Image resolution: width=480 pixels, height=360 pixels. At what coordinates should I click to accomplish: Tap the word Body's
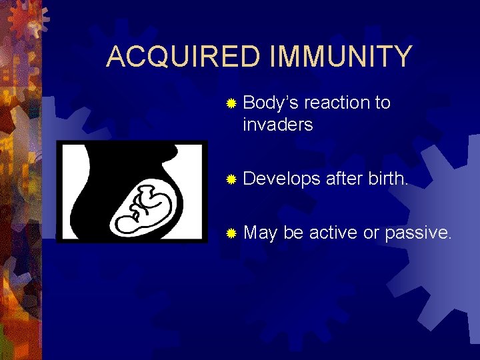point(271,103)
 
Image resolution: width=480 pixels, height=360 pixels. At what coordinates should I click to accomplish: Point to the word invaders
point(277,125)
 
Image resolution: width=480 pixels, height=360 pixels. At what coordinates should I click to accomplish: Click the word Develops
point(282,179)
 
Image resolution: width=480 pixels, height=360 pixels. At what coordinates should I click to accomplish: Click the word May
point(260,233)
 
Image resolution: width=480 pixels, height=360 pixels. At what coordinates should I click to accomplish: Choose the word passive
point(420,233)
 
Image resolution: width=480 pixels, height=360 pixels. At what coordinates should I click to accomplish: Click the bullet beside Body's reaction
point(231,104)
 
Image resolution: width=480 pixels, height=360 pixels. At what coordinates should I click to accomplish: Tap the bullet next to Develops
point(231,179)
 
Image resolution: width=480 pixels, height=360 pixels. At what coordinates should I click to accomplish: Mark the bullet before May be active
point(231,233)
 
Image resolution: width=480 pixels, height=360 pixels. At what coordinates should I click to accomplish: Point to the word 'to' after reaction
point(382,103)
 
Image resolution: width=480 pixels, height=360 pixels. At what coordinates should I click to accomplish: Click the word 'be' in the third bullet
point(293,233)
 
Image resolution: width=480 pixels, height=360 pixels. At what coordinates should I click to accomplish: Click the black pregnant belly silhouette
point(100,200)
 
